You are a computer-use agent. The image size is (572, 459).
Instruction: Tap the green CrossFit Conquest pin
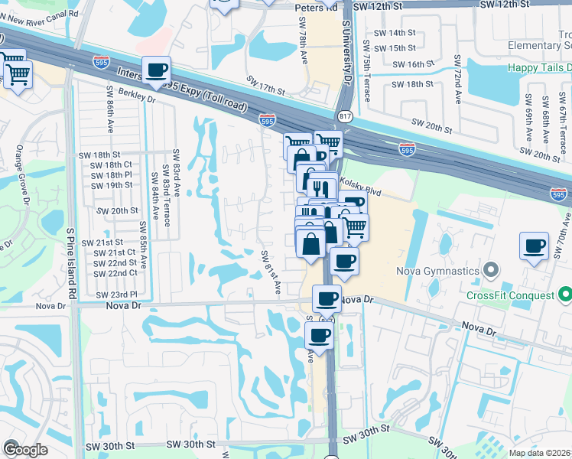coord(565,295)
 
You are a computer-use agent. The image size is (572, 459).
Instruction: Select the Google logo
coord(25,450)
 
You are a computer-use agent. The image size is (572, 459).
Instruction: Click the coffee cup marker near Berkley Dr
coord(157,71)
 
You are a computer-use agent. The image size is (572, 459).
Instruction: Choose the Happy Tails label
coord(539,67)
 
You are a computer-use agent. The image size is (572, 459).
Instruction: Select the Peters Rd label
coord(316,7)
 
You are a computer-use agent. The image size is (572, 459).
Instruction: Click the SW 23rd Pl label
coord(117,294)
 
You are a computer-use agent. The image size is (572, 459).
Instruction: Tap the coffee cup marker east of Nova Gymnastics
coord(533,246)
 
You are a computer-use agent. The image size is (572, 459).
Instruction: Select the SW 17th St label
coord(265,90)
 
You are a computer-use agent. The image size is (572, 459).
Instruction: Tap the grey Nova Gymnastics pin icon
coord(491,270)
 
